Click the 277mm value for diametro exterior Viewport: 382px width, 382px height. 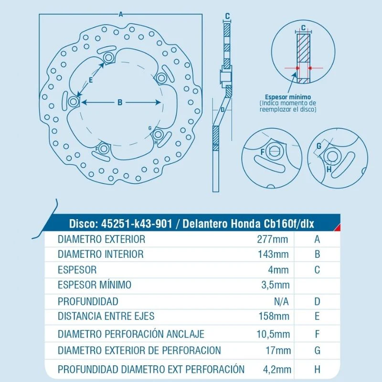[272, 239]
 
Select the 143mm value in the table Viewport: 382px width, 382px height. [273, 255]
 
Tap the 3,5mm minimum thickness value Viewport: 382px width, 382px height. [276, 285]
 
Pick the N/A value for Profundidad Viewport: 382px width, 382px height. [281, 302]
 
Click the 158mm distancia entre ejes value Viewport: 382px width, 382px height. [274, 316]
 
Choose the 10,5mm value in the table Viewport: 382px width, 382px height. [273, 334]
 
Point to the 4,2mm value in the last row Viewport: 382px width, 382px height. [277, 370]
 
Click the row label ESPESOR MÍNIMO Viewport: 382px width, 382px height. [95, 285]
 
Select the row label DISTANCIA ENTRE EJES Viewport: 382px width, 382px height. [106, 316]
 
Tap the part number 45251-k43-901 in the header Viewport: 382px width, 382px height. [137, 223]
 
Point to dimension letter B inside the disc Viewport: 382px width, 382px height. [120, 102]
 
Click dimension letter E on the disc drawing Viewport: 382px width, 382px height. [91, 80]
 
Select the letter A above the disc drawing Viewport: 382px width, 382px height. [121, 14]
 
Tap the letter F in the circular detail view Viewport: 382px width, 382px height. [262, 152]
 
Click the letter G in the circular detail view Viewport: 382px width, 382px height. [318, 146]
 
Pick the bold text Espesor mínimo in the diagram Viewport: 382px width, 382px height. [288, 97]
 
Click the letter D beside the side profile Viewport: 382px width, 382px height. [222, 110]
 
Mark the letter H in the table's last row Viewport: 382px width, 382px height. [317, 370]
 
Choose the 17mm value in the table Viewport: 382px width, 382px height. [278, 350]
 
